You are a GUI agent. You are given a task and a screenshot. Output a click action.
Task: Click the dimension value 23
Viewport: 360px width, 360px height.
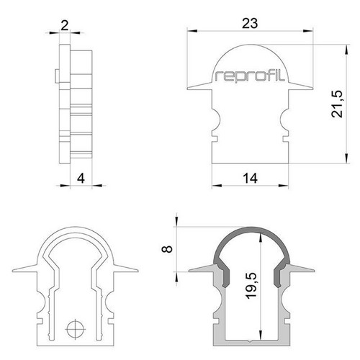pos(250,24)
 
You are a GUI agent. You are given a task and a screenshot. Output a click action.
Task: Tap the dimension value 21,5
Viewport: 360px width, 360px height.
pos(337,104)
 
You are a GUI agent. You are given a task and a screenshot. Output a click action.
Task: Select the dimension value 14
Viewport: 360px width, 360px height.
pos(250,179)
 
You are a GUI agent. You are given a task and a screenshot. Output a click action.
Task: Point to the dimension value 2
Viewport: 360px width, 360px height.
pos(64,25)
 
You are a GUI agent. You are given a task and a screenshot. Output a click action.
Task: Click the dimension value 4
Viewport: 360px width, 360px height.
pos(81,179)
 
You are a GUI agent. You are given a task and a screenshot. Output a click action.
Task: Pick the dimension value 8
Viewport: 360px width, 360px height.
pos(167,249)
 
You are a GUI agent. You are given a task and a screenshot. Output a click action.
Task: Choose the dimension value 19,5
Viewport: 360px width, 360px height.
pos(251,286)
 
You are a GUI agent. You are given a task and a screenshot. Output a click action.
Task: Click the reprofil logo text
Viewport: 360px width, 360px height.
pos(250,76)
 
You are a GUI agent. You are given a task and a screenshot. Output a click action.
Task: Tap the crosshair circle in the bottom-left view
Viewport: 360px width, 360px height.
pos(76,329)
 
